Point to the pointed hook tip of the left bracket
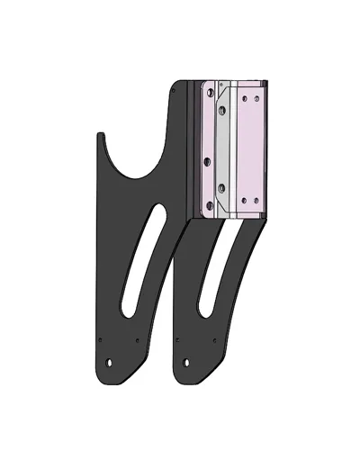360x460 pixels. (x=99, y=136)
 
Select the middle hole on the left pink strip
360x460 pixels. (x=208, y=160)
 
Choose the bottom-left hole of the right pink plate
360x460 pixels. (x=244, y=201)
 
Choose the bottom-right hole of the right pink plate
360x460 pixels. (x=256, y=201)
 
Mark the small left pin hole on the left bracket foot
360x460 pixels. (x=101, y=341)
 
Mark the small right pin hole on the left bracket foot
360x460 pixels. (x=135, y=341)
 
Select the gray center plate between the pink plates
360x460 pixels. (x=226, y=149)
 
